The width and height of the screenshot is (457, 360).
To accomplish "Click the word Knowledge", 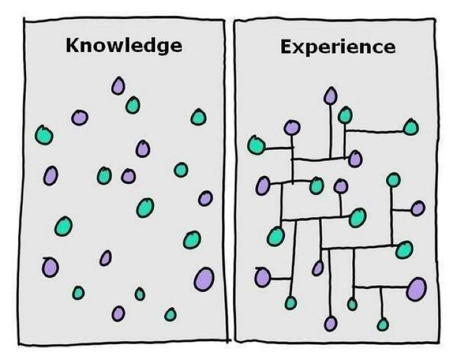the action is click(124, 46).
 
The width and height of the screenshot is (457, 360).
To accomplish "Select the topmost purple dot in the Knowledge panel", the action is click(118, 86).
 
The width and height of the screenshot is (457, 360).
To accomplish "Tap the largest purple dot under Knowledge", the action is click(204, 279).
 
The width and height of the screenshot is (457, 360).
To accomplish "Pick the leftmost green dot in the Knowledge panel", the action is click(44, 135).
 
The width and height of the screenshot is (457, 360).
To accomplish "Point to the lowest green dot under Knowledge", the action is click(170, 314).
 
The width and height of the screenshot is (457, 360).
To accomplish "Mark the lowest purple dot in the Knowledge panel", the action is click(118, 314).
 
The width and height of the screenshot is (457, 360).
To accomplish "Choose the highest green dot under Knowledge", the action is click(133, 105).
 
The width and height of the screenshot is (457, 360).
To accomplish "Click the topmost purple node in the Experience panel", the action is click(330, 95).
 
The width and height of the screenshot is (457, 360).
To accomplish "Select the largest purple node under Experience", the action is click(416, 289).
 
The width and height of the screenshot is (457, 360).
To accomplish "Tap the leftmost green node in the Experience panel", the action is click(256, 145).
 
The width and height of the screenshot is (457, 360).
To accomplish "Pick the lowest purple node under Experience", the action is click(331, 324).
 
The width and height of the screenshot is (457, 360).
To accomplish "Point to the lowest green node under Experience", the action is click(383, 324).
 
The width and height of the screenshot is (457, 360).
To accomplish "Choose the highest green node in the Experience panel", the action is click(345, 115).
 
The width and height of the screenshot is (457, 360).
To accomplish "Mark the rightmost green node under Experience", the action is click(411, 127).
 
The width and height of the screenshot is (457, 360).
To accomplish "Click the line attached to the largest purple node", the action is click(381, 288).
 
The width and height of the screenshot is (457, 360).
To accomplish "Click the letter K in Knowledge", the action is click(73, 46).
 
